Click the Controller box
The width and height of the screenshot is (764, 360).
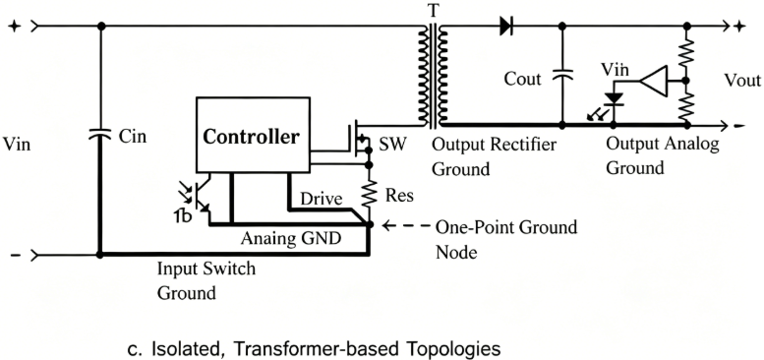click(253, 135)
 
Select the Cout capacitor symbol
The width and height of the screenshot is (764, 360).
click(562, 74)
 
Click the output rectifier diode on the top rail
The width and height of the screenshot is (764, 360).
click(506, 26)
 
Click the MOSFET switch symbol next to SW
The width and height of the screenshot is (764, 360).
click(358, 139)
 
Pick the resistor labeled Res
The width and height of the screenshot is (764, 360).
click(369, 195)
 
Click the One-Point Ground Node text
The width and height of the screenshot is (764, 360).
click(505, 240)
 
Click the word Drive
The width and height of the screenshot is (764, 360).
click(321, 199)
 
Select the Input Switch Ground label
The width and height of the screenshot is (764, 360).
click(207, 280)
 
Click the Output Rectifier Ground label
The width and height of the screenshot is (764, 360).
click(494, 156)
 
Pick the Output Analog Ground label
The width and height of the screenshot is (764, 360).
click(662, 155)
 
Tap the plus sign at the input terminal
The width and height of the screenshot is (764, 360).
click(14, 26)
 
